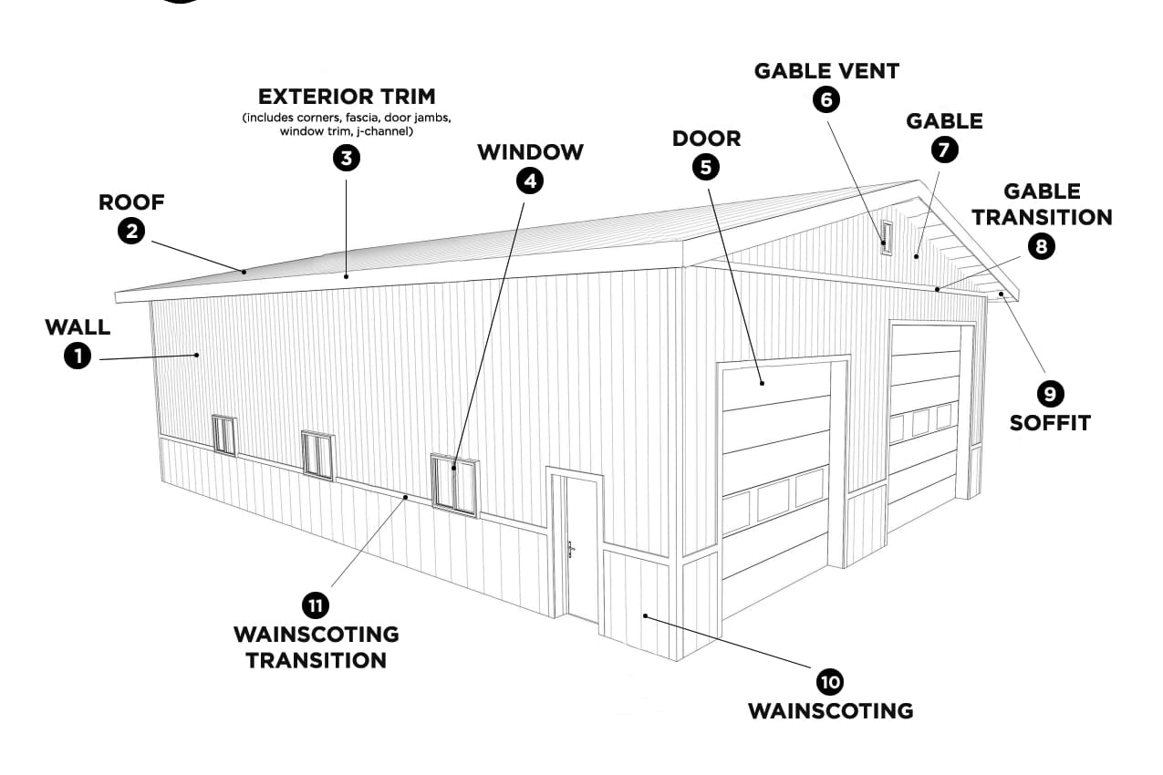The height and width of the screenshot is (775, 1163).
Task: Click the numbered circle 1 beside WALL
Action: [78, 356]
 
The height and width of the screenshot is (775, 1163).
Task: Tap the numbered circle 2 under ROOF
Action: [132, 231]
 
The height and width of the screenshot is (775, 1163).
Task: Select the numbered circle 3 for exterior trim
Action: [346, 158]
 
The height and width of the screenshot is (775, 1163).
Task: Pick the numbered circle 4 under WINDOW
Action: [529, 181]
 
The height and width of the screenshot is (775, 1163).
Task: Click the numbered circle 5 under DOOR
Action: [706, 166]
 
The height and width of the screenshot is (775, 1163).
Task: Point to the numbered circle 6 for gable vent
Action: [826, 98]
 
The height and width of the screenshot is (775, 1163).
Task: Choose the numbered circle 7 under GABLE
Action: [944, 149]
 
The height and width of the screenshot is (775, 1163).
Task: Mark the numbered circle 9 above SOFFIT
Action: [1050, 393]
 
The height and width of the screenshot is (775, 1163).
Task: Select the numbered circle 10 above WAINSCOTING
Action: [830, 681]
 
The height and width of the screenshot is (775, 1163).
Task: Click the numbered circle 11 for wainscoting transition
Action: [316, 604]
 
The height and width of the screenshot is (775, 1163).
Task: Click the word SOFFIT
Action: [1050, 423]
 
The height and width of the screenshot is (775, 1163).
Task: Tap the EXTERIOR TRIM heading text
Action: [346, 97]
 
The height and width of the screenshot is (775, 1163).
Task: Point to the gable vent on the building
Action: [884, 236]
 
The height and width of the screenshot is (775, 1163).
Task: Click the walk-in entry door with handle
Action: [580, 547]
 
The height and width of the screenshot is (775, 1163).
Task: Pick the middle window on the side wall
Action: [317, 454]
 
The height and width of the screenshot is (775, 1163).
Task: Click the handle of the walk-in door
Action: [571, 549]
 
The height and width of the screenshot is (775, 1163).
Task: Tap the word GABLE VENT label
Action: [826, 71]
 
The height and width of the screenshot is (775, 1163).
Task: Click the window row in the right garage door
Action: [923, 421]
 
